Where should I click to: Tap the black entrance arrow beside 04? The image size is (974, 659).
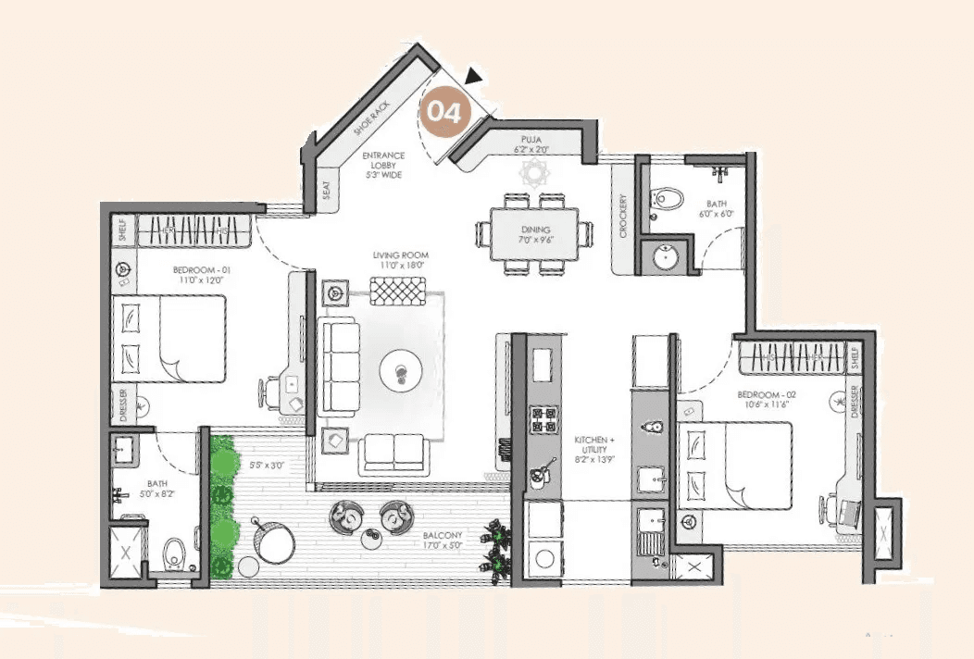475,77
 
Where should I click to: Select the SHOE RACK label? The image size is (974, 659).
368,119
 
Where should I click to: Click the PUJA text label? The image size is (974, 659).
531,139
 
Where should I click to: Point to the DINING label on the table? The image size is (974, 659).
535,230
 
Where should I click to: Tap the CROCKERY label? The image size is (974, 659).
624,216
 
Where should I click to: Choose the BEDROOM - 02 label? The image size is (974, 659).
761,394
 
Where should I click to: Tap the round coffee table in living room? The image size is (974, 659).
401,373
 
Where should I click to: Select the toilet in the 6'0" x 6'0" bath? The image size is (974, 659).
668,197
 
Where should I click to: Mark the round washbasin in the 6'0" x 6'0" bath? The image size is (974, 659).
668,256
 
